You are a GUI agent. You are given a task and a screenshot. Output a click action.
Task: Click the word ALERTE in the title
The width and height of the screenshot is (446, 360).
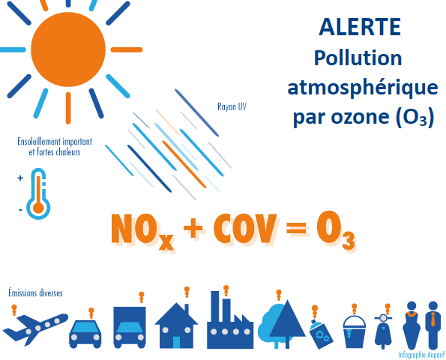(x=360, y=27)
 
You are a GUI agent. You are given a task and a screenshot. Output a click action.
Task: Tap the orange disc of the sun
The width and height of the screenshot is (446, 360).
(x=68, y=49)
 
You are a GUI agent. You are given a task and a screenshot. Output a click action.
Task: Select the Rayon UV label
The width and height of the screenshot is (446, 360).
(x=232, y=106)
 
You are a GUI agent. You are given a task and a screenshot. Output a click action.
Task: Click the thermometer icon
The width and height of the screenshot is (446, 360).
(x=38, y=193)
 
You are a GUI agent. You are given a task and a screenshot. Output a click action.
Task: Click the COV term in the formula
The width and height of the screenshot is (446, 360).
(x=245, y=229)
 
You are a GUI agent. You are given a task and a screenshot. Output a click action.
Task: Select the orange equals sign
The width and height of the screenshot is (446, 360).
(x=297, y=228)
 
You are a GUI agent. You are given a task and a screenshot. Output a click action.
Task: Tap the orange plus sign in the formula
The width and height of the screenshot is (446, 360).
(x=193, y=228)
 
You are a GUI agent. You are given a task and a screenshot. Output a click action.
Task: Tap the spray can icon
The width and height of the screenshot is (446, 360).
(x=321, y=334)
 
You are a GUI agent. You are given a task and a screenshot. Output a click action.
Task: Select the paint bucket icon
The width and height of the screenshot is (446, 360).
(x=354, y=331)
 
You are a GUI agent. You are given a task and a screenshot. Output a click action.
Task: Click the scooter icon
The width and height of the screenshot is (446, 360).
(x=383, y=331)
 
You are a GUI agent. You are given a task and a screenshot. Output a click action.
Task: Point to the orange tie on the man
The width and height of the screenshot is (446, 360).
(x=433, y=319)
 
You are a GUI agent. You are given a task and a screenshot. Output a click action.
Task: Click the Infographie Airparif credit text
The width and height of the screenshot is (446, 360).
(x=421, y=355)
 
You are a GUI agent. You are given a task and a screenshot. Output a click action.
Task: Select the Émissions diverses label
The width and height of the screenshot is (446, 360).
(x=35, y=292)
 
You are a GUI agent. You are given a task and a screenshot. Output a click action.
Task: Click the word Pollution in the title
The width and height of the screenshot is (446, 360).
(x=358, y=58)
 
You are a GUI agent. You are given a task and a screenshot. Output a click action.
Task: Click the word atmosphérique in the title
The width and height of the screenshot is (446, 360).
(x=363, y=88)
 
